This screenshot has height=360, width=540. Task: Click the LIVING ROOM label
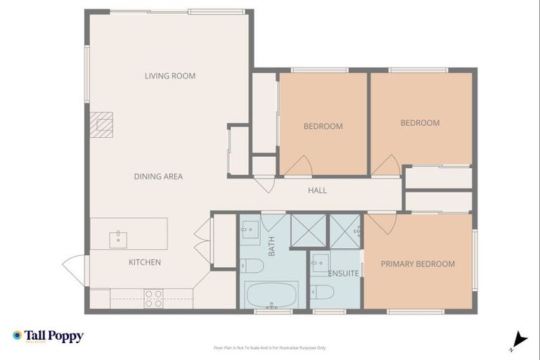169,76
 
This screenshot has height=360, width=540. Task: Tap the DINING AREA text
158,176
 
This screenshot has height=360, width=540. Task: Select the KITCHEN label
144,262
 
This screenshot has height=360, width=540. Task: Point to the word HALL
317,191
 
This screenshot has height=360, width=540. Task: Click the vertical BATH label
271,246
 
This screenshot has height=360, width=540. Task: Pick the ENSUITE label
345,273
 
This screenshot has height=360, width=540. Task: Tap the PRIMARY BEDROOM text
417,264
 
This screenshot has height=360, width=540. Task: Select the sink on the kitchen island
117,239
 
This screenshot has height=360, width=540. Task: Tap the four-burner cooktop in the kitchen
154,298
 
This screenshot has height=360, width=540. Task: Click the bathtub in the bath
271,293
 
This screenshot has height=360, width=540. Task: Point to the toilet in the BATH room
251,266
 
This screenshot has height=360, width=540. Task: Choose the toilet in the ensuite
322,291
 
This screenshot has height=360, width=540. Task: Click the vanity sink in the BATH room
250,228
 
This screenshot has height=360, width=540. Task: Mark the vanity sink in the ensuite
321,259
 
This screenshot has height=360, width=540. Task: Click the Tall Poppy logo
48,336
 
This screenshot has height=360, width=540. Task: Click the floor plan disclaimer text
269,347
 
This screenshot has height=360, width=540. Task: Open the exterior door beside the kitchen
75,269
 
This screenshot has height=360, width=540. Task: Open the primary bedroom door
382,222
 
